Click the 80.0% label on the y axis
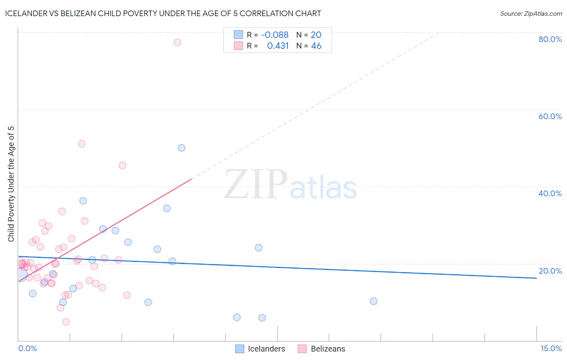pyautogui.click(x=550, y=39)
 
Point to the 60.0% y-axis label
pyautogui.click(x=550, y=116)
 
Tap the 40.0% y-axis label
pyautogui.click(x=550, y=193)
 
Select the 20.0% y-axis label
pyautogui.click(x=550, y=271)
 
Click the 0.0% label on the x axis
pyautogui.click(x=27, y=348)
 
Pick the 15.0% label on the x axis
pyautogui.click(x=551, y=348)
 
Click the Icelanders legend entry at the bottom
pyautogui.click(x=266, y=349)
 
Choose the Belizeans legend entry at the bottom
pyautogui.click(x=327, y=349)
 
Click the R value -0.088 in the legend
pyautogui.click(x=275, y=35)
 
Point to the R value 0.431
pyautogui.click(x=278, y=46)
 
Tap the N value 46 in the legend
pyautogui.click(x=316, y=46)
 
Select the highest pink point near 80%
pyautogui.click(x=177, y=42)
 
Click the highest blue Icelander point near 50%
pyautogui.click(x=181, y=148)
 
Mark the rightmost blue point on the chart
pyautogui.click(x=373, y=301)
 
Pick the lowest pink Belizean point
pyautogui.click(x=66, y=322)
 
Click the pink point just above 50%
pyautogui.click(x=81, y=144)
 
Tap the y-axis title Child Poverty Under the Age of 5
pyautogui.click(x=11, y=184)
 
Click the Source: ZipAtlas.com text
pyautogui.click(x=531, y=14)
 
